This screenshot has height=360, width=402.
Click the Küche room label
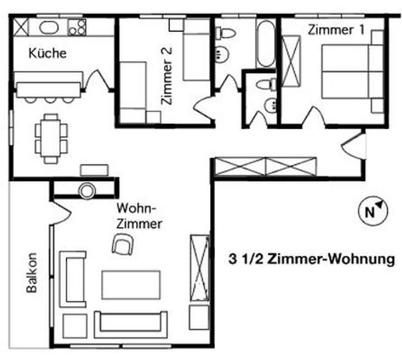click(47, 53)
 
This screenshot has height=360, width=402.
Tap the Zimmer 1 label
click(336, 30)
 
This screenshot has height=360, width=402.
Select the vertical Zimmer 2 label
click(166, 76)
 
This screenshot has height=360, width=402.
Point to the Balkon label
click(32, 273)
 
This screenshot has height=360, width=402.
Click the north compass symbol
click(373, 211)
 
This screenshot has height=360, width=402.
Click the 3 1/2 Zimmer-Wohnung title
click(312, 259)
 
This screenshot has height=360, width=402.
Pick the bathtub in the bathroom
click(266, 44)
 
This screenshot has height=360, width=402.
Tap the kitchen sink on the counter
click(49, 28)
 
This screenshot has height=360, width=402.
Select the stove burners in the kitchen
click(77, 27)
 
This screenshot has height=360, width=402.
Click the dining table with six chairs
click(51, 139)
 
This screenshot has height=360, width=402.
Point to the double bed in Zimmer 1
click(353, 71)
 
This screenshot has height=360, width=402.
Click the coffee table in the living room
click(131, 285)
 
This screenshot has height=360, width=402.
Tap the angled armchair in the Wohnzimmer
click(123, 244)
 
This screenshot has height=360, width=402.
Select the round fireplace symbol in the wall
click(87, 190)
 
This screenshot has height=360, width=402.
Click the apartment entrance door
click(354, 145)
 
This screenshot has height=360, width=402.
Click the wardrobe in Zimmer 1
click(291, 61)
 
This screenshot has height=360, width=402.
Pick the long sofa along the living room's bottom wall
click(131, 325)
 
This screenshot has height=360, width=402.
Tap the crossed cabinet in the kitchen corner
click(21, 27)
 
